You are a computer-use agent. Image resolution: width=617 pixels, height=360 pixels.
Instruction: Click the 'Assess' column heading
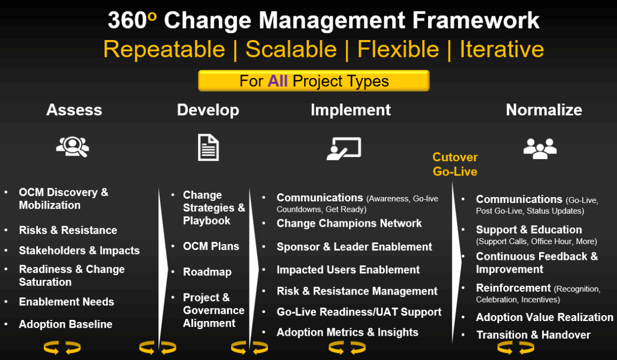74,110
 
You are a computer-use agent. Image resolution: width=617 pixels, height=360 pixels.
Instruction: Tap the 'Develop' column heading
208,110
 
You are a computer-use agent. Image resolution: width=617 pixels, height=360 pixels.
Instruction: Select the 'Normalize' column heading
543,110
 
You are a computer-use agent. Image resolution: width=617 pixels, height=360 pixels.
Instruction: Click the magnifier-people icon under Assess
73,147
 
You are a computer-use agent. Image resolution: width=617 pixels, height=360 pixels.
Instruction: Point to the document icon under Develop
208,147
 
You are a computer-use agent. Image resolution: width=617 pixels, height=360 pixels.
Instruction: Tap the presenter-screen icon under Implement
344,148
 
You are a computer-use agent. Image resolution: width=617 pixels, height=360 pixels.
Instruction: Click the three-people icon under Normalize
540,148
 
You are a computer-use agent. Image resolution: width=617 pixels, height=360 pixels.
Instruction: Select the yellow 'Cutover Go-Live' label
455,165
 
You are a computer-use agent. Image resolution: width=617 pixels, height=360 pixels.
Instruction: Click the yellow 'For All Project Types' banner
314,81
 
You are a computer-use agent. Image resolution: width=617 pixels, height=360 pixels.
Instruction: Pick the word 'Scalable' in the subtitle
291,49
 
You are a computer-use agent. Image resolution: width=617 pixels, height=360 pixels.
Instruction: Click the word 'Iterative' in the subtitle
501,49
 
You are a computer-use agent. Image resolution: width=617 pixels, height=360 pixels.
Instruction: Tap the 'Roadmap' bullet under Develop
207,272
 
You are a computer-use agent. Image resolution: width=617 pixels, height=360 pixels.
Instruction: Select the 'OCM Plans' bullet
211,246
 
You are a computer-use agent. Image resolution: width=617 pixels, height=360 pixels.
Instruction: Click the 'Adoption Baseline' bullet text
65,324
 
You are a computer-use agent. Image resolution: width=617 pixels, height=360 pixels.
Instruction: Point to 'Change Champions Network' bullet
349,223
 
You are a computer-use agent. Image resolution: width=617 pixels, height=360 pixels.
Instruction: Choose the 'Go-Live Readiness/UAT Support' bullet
359,312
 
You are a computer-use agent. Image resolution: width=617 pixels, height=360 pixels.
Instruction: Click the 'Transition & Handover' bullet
533,335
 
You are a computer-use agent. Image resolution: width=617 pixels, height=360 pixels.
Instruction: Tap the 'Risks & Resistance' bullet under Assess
68,230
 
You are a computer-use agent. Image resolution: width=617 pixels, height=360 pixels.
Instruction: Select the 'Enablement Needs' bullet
67,302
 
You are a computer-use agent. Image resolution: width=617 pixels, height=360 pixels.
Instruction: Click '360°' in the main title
132,21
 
